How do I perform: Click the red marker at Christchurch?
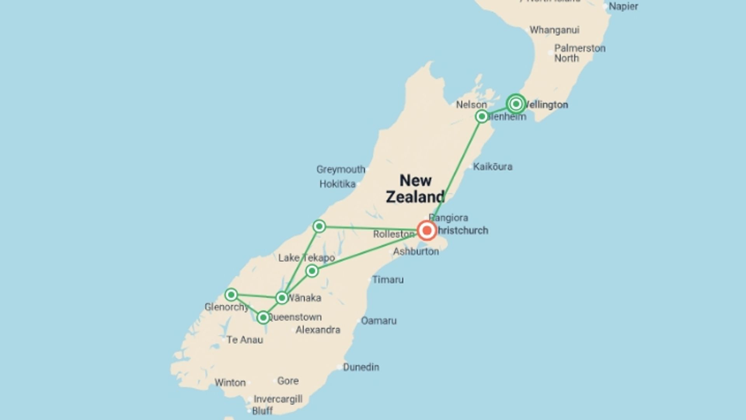427,231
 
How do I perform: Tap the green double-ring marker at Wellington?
516,104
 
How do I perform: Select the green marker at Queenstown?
263,318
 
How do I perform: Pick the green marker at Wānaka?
282,298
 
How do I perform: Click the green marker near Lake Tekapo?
312,271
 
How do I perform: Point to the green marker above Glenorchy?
231,295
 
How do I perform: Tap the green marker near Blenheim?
482,116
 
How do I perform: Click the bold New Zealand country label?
415,189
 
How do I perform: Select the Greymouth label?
341,170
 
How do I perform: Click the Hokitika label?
337,184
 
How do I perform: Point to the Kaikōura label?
492,167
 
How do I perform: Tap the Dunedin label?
361,367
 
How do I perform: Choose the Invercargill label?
278,399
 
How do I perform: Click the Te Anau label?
245,340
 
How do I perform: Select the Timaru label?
388,280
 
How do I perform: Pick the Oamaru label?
378,321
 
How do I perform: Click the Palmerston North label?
579,53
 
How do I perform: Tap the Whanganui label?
554,30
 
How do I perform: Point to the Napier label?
623,6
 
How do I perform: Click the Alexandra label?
318,330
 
